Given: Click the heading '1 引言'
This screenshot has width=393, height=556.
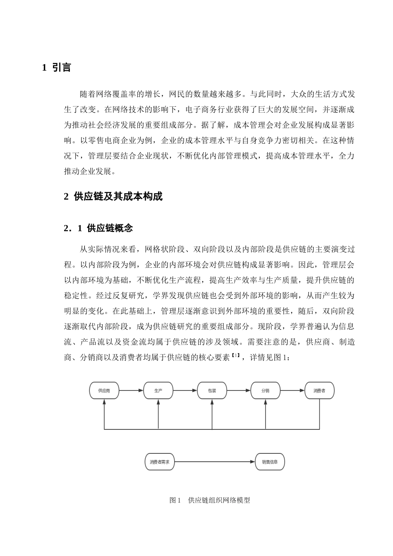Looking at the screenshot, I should (x=57, y=67).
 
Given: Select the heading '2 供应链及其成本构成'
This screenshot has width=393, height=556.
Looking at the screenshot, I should (x=113, y=197).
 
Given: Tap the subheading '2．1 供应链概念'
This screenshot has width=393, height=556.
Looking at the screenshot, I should (x=98, y=228).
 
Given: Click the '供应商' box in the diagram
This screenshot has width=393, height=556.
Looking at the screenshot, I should (x=104, y=391).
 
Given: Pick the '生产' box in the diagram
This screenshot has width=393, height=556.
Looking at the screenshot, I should (x=158, y=391).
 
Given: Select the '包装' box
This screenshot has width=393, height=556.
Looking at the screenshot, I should (x=212, y=391).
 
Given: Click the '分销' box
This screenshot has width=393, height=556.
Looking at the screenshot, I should (x=265, y=391).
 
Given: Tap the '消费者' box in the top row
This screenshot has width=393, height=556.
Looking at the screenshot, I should (x=319, y=391).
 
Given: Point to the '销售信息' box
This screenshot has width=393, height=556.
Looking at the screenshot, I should (x=270, y=462).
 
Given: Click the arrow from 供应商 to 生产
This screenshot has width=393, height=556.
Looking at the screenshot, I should (x=131, y=391).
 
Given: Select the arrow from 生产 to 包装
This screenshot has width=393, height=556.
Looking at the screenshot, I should (x=185, y=391).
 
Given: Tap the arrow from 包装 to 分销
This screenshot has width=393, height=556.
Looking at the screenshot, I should (x=239, y=391).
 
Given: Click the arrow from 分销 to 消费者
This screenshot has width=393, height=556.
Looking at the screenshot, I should (x=292, y=391).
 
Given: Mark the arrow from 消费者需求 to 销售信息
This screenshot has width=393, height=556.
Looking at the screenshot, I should (x=214, y=462).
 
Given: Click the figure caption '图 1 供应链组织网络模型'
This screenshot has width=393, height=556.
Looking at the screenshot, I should (x=210, y=500).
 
